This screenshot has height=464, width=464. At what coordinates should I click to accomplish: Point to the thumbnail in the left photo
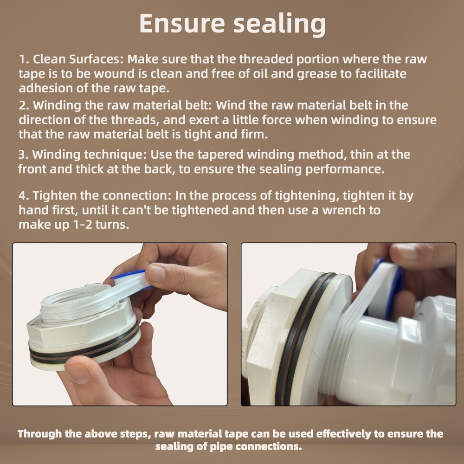click(x=157, y=275)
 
